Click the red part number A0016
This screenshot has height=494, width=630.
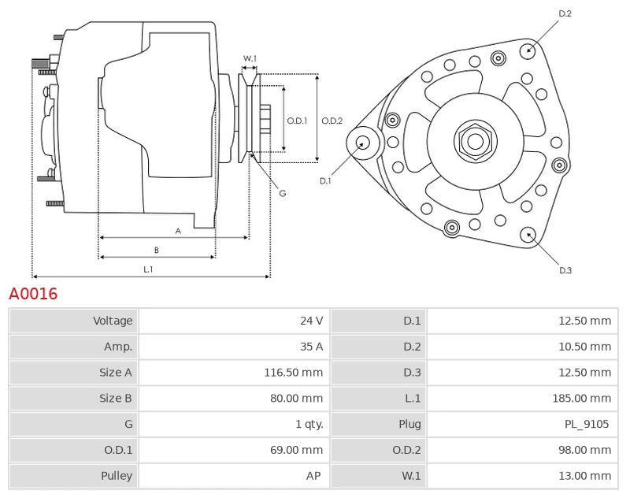point(33,295)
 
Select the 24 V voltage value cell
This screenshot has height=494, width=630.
point(311,321)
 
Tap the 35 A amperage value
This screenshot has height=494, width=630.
point(311,347)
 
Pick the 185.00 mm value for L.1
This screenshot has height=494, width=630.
point(582,399)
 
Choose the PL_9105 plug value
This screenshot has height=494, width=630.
point(587,425)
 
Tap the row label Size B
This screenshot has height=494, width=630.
point(117,399)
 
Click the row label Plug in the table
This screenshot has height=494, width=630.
point(409,425)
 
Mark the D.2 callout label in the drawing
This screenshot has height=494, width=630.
point(565,13)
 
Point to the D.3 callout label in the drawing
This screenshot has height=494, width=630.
point(565,270)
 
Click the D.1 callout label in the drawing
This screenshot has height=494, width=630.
point(325,181)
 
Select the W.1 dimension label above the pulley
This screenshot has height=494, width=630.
point(250,58)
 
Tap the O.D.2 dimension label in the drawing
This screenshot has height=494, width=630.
point(332,121)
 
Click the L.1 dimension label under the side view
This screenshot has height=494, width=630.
point(147,269)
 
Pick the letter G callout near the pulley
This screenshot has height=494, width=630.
point(282,193)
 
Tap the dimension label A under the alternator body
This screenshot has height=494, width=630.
point(178,231)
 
